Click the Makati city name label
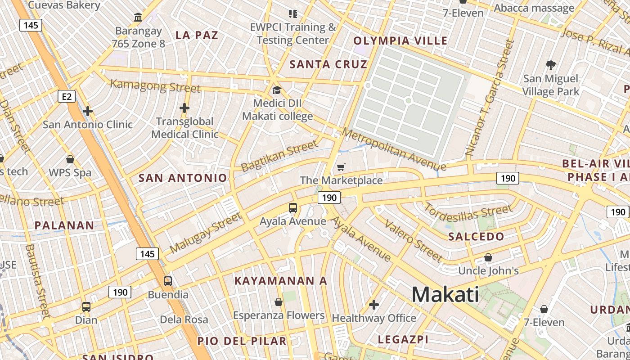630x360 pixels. tap(445, 295)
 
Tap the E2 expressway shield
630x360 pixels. tap(67, 96)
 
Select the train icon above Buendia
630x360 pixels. tap(168, 281)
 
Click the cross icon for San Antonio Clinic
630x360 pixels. tap(88, 111)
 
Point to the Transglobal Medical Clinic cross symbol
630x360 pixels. tap(184, 108)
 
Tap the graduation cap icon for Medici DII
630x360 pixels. tap(277, 90)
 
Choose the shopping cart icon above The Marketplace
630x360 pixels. tap(341, 167)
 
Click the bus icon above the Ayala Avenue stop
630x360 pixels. tap(293, 208)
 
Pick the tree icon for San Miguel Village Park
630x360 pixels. tap(550, 65)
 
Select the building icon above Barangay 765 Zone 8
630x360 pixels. tap(139, 18)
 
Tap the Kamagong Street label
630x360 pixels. tap(155, 85)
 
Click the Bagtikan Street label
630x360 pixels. tap(279, 156)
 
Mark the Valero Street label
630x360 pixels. tap(413, 241)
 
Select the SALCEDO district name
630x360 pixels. tap(476, 237)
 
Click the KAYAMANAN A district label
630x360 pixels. tap(281, 281)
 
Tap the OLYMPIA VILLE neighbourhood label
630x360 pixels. tap(400, 41)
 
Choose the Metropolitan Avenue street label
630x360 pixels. tap(394, 150)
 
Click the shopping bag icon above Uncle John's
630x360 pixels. tap(488, 257)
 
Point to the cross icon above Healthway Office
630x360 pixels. tap(374, 305)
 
